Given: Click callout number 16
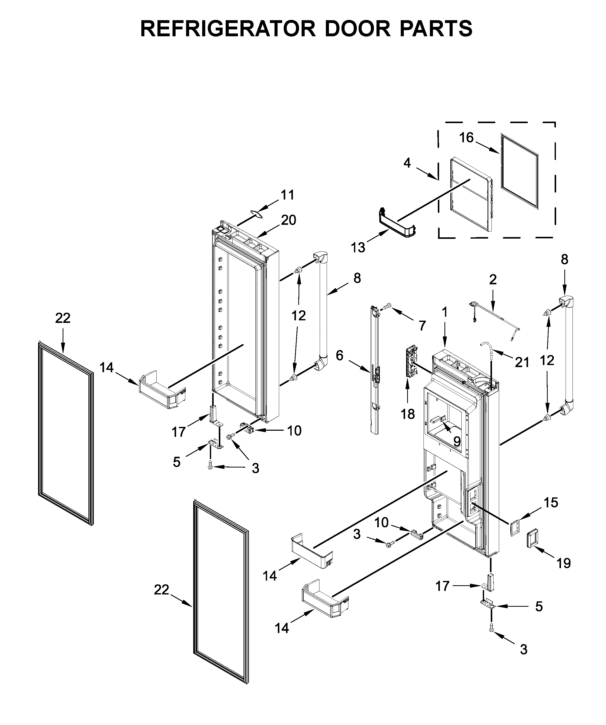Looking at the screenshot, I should (x=466, y=137).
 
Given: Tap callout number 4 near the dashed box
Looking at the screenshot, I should (x=407, y=163).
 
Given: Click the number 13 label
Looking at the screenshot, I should (x=358, y=247).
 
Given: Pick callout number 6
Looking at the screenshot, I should (x=340, y=355).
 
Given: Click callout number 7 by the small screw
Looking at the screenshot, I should (x=422, y=325).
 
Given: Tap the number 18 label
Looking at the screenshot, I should (x=408, y=414).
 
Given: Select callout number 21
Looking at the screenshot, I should (x=522, y=362).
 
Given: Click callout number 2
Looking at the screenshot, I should (x=493, y=279).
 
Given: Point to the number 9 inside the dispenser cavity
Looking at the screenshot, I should (x=456, y=441).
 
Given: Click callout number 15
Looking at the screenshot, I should (x=551, y=503).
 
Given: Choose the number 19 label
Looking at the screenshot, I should (x=564, y=564).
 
